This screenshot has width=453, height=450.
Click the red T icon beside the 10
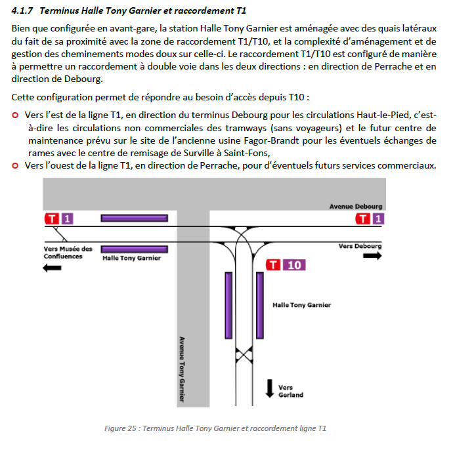(x=275, y=265)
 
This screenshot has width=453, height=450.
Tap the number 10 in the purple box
(x=295, y=265)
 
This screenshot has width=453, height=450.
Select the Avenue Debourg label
(x=355, y=207)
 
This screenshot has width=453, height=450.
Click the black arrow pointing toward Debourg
(x=372, y=256)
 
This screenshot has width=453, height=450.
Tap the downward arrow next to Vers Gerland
(x=269, y=388)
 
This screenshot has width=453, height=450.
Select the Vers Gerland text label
(x=290, y=391)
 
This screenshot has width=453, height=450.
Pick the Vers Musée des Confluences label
(x=68, y=253)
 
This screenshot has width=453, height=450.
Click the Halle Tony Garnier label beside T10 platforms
(x=301, y=305)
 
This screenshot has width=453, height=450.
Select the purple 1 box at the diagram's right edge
(x=377, y=218)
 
